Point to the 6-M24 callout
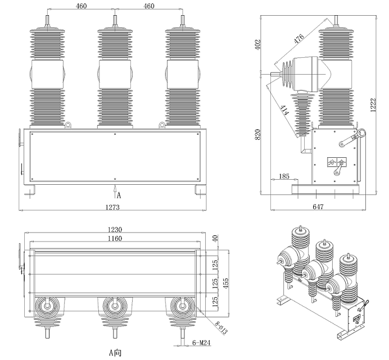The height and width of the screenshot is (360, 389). coord(201,341)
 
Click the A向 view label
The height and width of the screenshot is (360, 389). coord(115,353)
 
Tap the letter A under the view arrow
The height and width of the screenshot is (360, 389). coord(119,195)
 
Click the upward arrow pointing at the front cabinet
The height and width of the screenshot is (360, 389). coord(115,188)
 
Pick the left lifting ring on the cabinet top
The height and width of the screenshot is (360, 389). coord(68,126)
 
